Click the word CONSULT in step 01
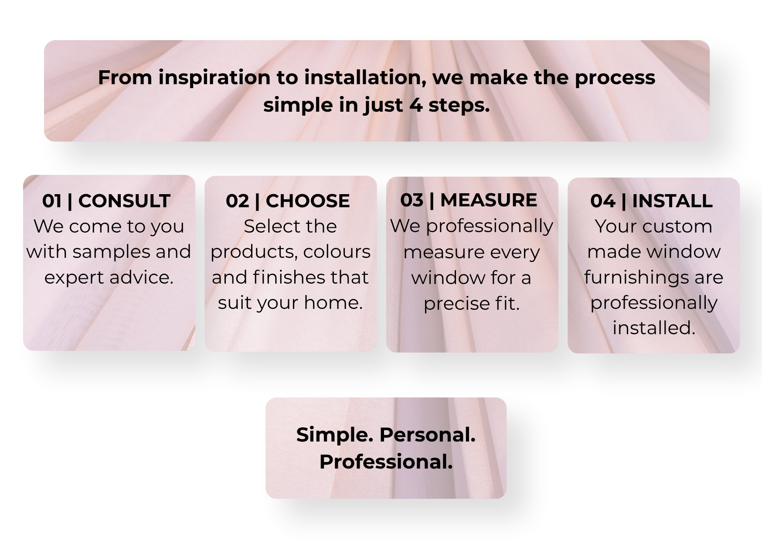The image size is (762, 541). click(x=124, y=201)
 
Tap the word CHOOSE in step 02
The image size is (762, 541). click(x=308, y=201)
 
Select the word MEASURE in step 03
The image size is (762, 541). click(x=489, y=200)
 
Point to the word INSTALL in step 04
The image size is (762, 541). click(x=672, y=201)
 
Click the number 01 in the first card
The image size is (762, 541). click(x=52, y=201)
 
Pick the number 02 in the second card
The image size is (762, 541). click(x=237, y=201)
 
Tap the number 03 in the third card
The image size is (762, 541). click(x=412, y=200)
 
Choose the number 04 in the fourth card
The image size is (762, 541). click(x=603, y=201)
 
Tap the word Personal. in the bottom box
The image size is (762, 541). click(x=427, y=435)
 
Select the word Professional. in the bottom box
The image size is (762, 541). click(x=386, y=462)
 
